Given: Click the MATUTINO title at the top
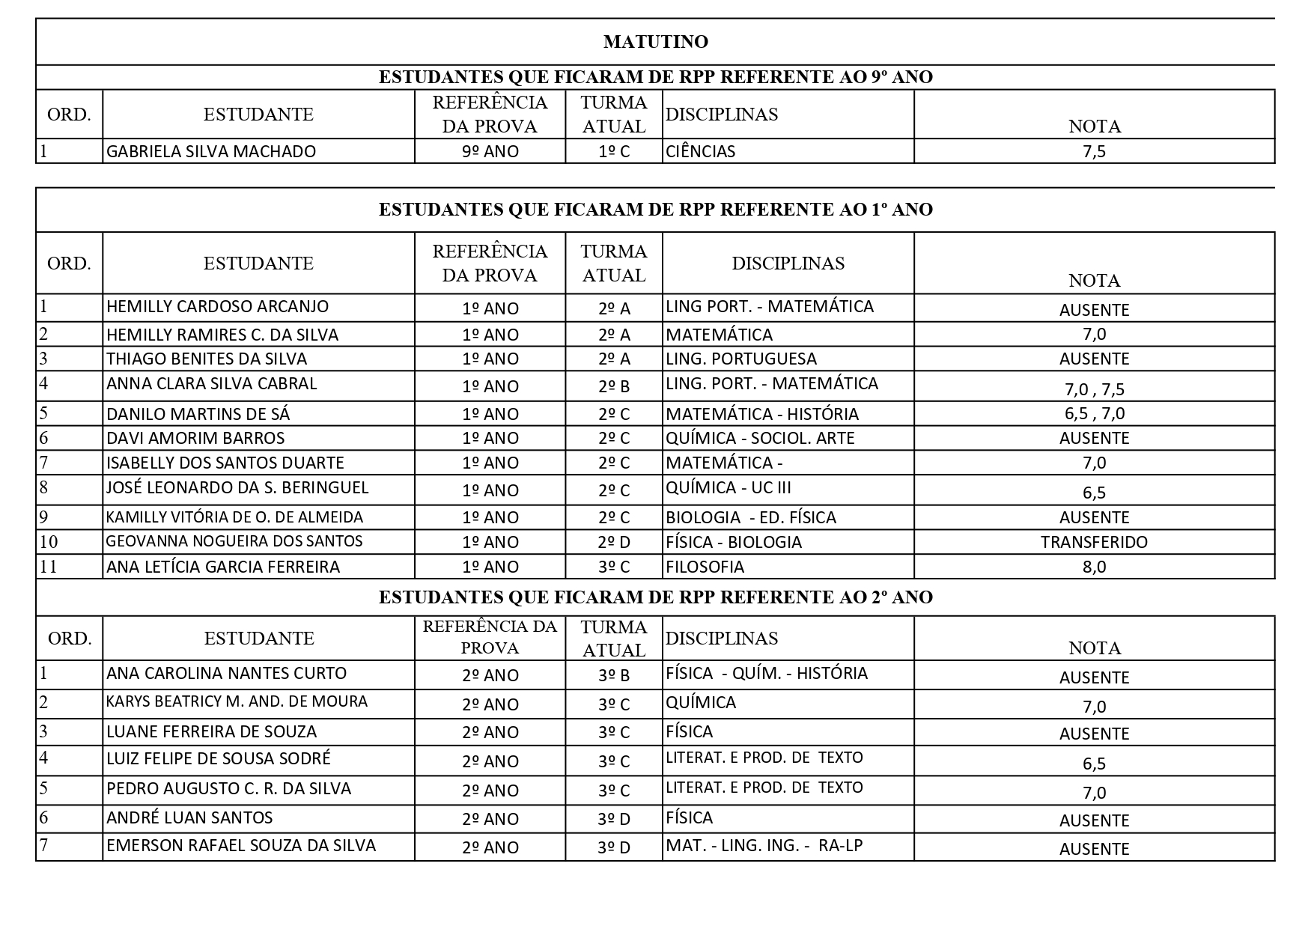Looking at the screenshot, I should pyautogui.click(x=655, y=42).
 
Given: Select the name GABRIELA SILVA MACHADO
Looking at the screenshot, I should pyautogui.click(x=211, y=151).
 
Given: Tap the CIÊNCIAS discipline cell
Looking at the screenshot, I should pyautogui.click(x=701, y=151).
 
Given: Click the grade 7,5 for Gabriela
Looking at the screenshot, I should pyautogui.click(x=1094, y=151).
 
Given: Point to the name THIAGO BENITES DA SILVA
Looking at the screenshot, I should pyautogui.click(x=207, y=359).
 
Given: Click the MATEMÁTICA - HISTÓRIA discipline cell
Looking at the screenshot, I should pyautogui.click(x=762, y=414).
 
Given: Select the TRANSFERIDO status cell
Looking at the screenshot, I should pyautogui.click(x=1094, y=542).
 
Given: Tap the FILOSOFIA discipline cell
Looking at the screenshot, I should pyautogui.click(x=705, y=567).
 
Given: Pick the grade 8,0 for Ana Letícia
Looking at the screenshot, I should pyautogui.click(x=1094, y=567).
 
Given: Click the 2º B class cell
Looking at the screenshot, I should pyautogui.click(x=614, y=386).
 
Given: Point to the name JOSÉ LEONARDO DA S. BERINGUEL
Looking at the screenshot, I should pyautogui.click(x=237, y=488).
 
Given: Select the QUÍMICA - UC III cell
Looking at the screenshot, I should pyautogui.click(x=729, y=488).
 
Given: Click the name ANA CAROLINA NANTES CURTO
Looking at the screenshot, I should pyautogui.click(x=226, y=673).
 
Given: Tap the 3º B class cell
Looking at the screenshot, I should pyautogui.click(x=614, y=675).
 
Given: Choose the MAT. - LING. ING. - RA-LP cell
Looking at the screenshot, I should pyautogui.click(x=764, y=846).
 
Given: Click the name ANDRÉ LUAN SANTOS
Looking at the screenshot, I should pyautogui.click(x=189, y=818).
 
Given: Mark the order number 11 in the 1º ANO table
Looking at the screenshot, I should pyautogui.click(x=49, y=567).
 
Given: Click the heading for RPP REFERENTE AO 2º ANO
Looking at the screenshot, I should pyautogui.click(x=655, y=597).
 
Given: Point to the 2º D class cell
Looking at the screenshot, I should pyautogui.click(x=614, y=542).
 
